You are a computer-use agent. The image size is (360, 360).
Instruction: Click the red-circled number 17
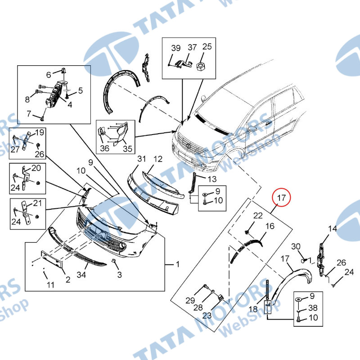coord(281,198)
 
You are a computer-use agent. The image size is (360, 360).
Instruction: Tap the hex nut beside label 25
coord(201,67)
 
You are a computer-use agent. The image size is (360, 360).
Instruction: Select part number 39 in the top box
coord(176,48)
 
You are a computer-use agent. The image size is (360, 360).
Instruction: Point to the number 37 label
coord(192,47)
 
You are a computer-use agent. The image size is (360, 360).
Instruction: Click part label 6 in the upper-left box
coord(49,75)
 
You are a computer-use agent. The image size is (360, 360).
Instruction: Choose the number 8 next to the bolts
coord(27,99)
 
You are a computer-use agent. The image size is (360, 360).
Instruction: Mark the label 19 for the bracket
coord(40,132)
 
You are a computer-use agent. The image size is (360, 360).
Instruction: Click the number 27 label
coord(15,149)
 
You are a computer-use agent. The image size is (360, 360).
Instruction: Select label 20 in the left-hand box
coord(36,168)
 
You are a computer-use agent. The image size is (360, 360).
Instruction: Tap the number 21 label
coord(37,203)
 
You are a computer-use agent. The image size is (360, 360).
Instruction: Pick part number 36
coord(105,148)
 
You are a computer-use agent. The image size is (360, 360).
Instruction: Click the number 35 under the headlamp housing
coord(128,148)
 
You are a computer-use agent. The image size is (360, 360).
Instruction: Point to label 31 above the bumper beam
coord(142,159)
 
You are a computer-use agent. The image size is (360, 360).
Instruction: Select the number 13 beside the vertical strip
coord(212,179)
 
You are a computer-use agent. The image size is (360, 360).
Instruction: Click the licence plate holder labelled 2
coord(52,259)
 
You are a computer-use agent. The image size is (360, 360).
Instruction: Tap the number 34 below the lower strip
coord(81,274)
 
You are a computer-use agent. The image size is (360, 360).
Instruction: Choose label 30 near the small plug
coord(296,246)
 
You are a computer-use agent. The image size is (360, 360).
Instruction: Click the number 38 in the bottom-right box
coord(313,308)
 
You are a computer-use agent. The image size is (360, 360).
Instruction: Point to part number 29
coord(190,300)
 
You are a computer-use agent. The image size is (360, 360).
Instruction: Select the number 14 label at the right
coord(333,229)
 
